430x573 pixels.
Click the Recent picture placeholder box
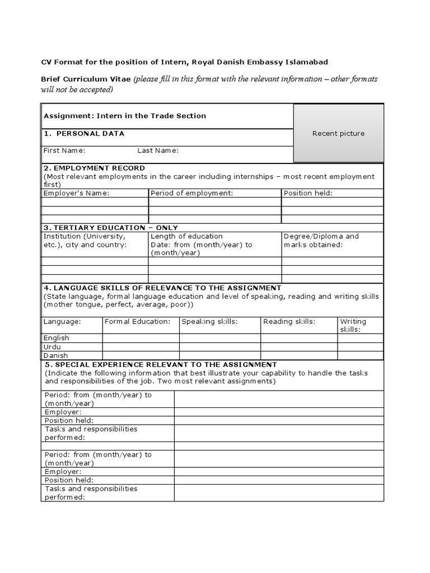pos(338,133)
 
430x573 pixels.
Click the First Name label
pos(64,151)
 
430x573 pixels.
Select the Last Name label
pos(158,151)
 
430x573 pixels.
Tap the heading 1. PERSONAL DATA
pos(84,134)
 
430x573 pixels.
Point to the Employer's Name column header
pos(77,193)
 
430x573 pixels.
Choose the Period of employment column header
pos(191,193)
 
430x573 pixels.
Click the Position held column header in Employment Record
pos(308,193)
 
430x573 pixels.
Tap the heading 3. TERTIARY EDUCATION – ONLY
pos(111,228)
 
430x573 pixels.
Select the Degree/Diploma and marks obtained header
pos(321,241)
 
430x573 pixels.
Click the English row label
pos(57,338)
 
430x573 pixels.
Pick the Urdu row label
pos(52,347)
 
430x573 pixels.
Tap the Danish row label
pos(56,355)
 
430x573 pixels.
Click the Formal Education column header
pos(137,322)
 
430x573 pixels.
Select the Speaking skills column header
pos(210,322)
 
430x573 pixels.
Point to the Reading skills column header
pos(289,322)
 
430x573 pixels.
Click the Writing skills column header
pos(353,325)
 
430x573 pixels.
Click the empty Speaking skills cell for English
pos(219,338)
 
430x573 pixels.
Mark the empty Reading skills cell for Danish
pos(299,355)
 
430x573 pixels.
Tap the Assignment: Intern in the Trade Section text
pos(125,116)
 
